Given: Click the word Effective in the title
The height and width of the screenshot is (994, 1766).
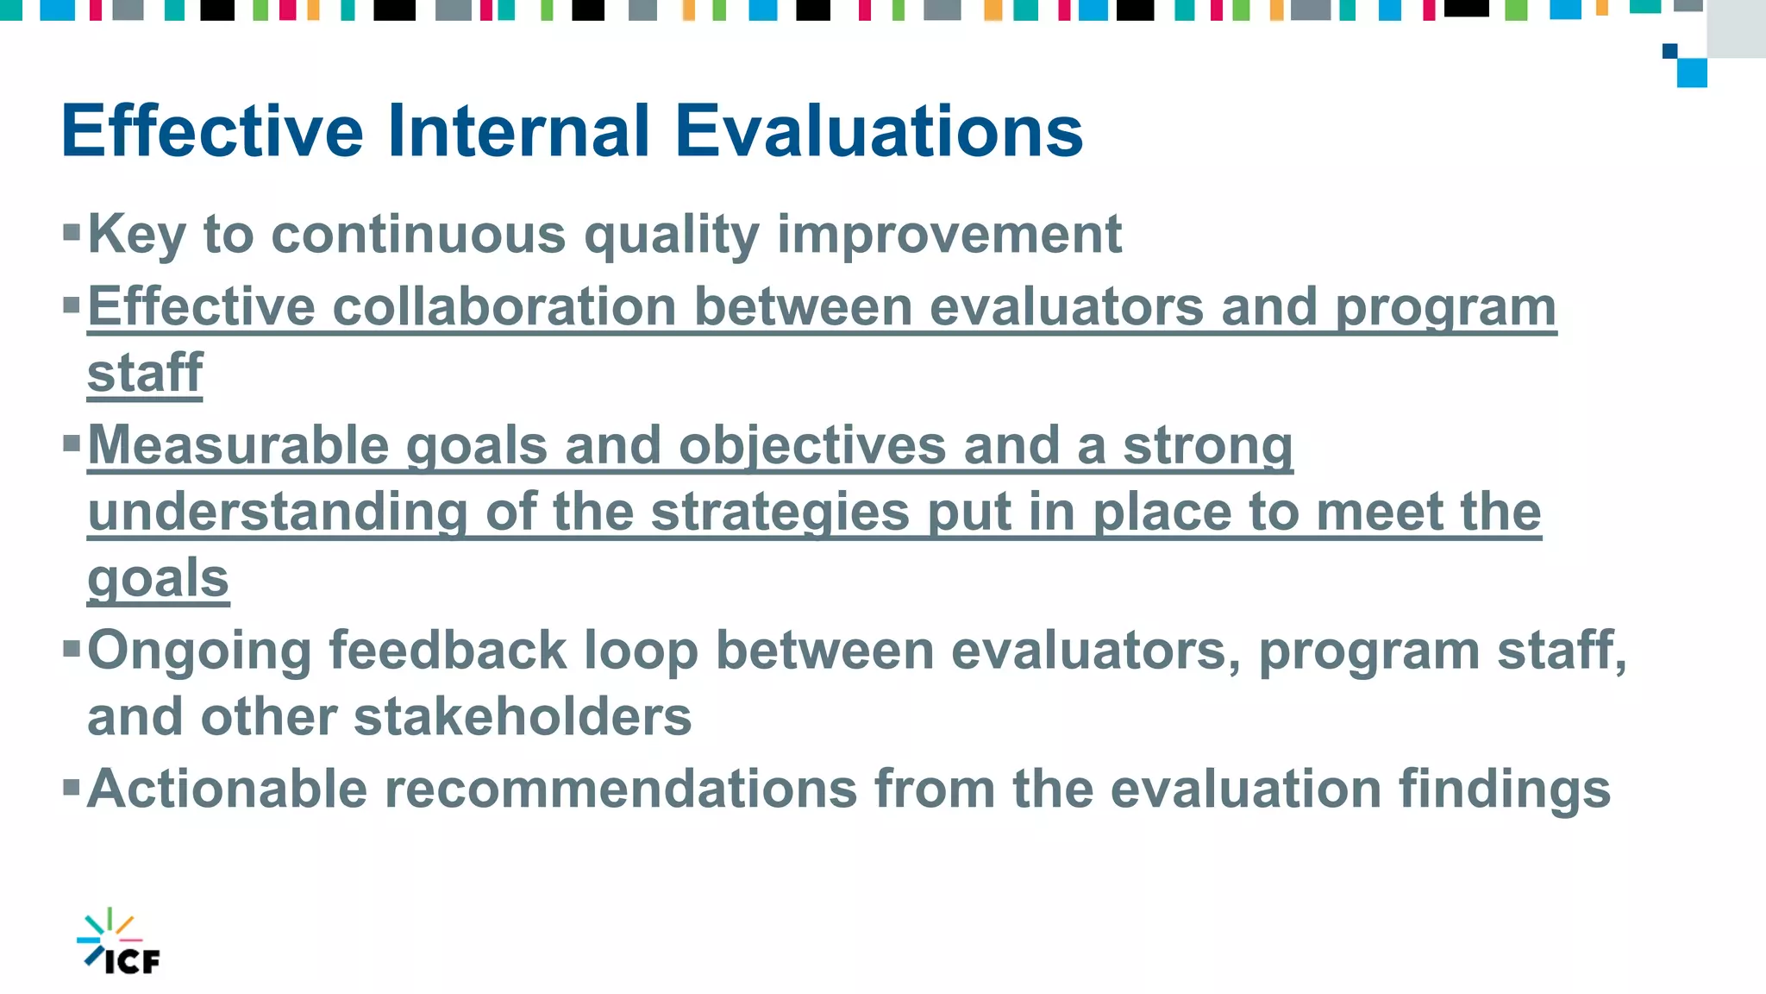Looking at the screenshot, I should click(212, 131).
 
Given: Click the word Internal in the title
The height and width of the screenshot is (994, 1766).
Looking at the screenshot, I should click(518, 131).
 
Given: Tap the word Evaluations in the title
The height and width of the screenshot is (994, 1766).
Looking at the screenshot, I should click(879, 131).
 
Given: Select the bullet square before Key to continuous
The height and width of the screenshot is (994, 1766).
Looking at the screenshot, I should click(72, 232).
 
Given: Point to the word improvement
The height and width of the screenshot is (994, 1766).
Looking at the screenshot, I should click(949, 235).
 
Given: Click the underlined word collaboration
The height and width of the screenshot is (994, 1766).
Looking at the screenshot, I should click(504, 307).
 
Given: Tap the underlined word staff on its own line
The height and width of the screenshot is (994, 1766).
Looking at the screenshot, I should click(145, 374).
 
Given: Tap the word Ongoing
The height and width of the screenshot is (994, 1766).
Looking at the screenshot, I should click(199, 651).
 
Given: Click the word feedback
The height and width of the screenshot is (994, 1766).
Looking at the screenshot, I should click(448, 650).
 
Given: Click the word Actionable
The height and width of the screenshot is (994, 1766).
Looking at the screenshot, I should click(227, 789).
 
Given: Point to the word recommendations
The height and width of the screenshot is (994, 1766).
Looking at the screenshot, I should click(620, 789).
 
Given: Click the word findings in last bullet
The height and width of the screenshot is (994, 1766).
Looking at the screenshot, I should click(1504, 790).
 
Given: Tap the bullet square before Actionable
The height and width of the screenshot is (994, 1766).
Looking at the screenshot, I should click(72, 787).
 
